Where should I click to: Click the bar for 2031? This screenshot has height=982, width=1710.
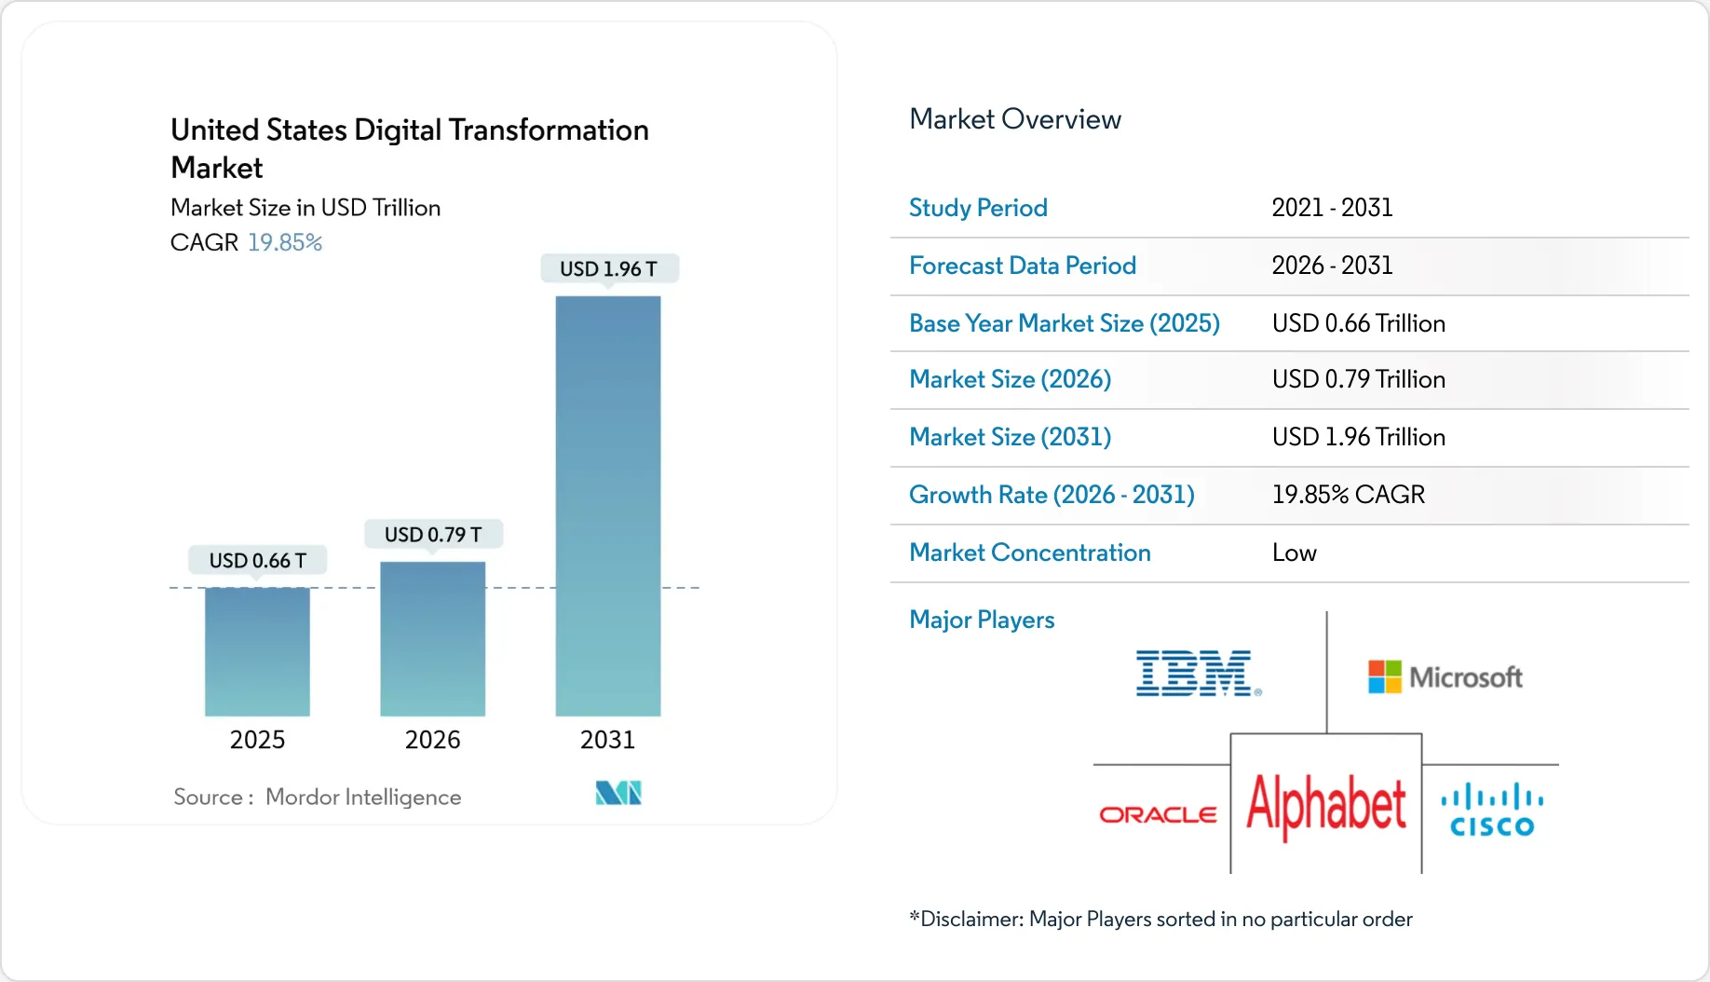[x=607, y=506]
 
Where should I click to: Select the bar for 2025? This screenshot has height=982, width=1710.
[x=257, y=651]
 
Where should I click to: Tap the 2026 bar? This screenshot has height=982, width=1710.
[x=432, y=638]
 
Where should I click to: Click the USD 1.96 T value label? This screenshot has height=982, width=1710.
[x=608, y=269]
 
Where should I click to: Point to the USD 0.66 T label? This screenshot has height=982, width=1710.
[x=257, y=561]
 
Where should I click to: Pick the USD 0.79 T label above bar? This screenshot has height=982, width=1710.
[x=432, y=535]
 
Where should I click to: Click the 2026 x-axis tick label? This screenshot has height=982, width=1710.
[x=432, y=740]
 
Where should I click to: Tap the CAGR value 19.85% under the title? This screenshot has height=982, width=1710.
[x=284, y=242]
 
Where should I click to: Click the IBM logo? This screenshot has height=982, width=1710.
[x=1198, y=674]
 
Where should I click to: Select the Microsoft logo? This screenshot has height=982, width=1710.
[x=1445, y=677]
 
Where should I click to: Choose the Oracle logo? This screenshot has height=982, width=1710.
[x=1158, y=815]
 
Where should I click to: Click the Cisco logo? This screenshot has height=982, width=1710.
[x=1492, y=811]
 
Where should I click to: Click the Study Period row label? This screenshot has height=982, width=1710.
[x=978, y=208]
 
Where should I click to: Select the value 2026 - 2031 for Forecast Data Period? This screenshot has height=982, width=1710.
[x=1332, y=266]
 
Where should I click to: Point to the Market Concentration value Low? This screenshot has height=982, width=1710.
[x=1294, y=553]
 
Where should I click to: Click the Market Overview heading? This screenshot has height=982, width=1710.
[x=1014, y=119]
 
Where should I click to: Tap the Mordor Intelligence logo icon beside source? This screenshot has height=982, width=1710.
[x=618, y=793]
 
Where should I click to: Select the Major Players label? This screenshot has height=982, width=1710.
[x=982, y=620]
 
